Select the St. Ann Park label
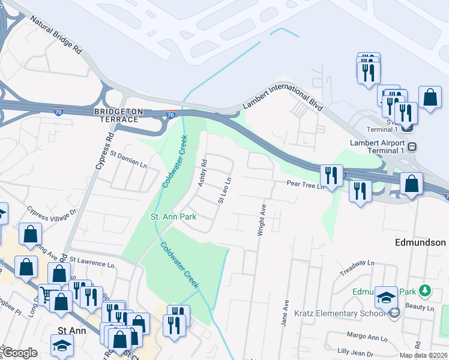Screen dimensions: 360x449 [174, 217]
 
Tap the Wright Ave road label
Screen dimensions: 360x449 [262, 218]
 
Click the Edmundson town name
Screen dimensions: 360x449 [420, 242]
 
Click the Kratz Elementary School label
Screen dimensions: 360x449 [340, 313]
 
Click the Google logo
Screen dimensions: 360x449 [20, 353]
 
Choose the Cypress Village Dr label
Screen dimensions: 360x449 [53, 211]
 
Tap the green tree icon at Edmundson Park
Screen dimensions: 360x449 [425, 291]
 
